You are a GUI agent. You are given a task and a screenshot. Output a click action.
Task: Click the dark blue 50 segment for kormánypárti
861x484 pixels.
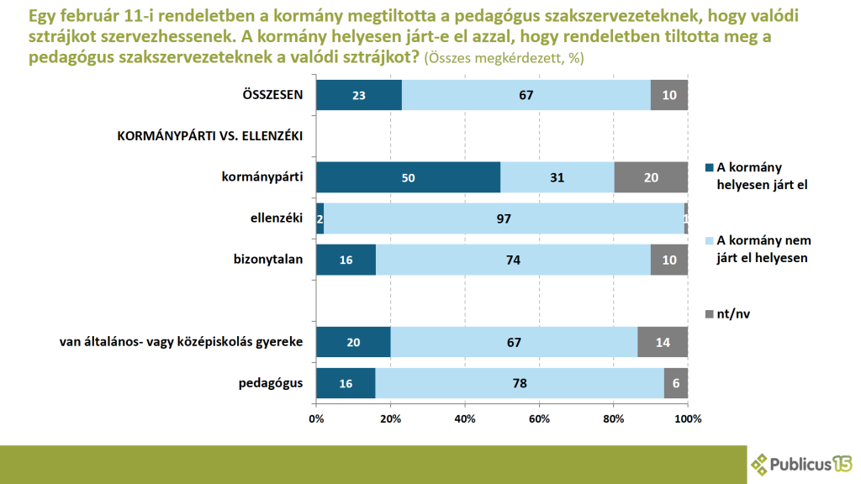pyautogui.click(x=408, y=177)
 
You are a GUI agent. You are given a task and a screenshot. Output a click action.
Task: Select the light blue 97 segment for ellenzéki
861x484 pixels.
pyautogui.click(x=504, y=218)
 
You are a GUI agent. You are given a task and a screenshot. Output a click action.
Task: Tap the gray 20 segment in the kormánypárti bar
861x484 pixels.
pyautogui.click(x=651, y=177)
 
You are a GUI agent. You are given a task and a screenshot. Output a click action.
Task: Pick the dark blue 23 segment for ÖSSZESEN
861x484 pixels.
pyautogui.click(x=359, y=95)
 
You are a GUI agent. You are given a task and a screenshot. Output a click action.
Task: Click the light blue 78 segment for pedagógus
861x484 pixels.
pyautogui.click(x=520, y=383)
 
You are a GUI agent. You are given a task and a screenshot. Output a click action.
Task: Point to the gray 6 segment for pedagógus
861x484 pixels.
pyautogui.click(x=676, y=383)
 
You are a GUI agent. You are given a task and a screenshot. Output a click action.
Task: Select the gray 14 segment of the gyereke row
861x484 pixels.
pyautogui.click(x=663, y=342)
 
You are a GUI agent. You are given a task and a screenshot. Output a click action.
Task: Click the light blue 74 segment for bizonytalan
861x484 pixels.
pyautogui.click(x=513, y=260)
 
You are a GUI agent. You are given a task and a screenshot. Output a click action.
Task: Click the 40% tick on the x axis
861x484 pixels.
pyautogui.click(x=464, y=418)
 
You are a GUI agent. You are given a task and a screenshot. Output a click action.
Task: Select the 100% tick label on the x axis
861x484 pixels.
pyautogui.click(x=688, y=418)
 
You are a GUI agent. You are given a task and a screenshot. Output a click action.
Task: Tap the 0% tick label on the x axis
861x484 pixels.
pyautogui.click(x=316, y=418)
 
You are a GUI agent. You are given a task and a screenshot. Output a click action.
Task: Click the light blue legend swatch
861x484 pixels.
pyautogui.click(x=707, y=240)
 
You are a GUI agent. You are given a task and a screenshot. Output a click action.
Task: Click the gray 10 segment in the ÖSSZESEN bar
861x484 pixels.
pyautogui.click(x=669, y=95)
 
